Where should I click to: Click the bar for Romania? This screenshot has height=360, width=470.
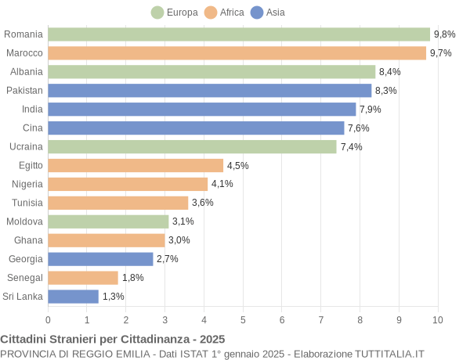[x=239, y=34]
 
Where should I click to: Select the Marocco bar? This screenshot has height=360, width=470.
[x=237, y=53]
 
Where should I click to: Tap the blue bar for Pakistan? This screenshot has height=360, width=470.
[x=209, y=91]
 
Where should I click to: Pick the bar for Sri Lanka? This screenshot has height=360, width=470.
[x=73, y=297]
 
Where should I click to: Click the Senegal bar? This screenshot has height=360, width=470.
[x=83, y=278]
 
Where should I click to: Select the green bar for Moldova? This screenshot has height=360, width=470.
[x=108, y=221]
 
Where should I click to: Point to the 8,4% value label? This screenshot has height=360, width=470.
[x=389, y=72]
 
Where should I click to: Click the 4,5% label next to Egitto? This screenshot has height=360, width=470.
[x=237, y=166]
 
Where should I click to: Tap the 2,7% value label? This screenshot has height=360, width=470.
[x=168, y=259]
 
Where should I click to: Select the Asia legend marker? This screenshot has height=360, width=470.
[x=257, y=13]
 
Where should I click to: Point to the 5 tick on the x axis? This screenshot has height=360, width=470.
[x=243, y=319]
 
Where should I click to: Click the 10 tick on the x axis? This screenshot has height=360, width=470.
[x=438, y=319]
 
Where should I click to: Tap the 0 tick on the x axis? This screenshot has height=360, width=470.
[x=48, y=319]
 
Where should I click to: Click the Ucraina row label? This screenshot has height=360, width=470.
[x=25, y=147]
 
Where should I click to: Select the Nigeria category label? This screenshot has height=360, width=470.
[x=27, y=184]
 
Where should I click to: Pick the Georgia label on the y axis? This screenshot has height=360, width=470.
[x=26, y=259]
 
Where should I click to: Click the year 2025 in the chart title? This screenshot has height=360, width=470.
[x=211, y=340]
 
